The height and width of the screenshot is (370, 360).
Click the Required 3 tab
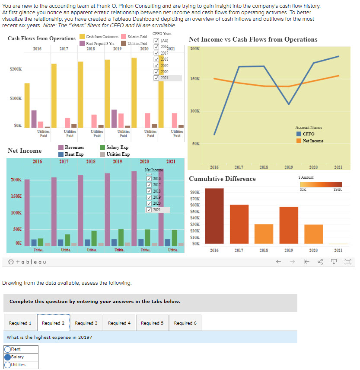pos(86,323)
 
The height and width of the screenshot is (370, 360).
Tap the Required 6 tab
pos(185,323)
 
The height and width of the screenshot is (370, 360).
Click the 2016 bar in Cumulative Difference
pos(214,216)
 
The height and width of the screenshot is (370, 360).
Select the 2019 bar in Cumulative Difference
pos(289,225)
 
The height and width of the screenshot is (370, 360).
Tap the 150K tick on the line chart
pos(194,79)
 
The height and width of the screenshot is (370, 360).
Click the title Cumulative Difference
pos(222,179)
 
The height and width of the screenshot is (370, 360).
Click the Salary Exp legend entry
pos(114,148)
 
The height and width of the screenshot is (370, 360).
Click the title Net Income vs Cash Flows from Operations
pos(253,39)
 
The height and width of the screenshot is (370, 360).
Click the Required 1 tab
pos(20,323)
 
